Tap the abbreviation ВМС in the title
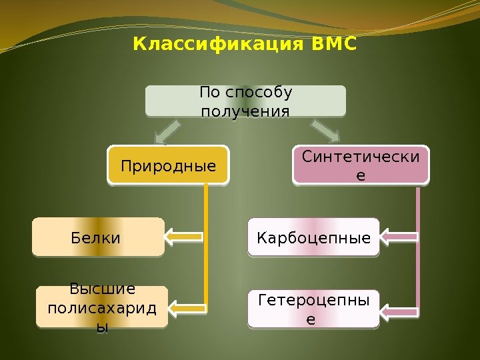point(334,45)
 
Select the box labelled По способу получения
point(246,101)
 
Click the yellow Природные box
point(168,165)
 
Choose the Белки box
point(98,237)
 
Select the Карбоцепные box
point(313,237)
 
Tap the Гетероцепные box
point(313,309)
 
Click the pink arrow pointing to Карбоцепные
point(399,236)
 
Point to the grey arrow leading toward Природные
point(168,131)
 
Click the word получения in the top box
point(246,109)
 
